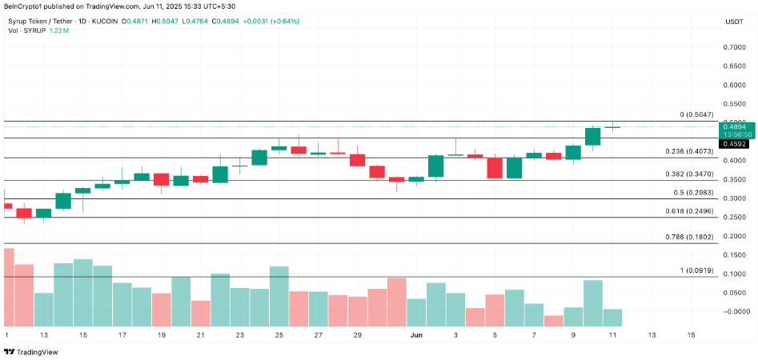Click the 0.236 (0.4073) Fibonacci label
tap(689, 151)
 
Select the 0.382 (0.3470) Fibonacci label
tap(689, 174)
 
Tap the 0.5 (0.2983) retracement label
tap(692, 193)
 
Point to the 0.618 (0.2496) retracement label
tap(689, 211)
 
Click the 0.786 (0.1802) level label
tap(689, 238)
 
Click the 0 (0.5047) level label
tap(696, 115)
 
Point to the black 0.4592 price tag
tap(735, 145)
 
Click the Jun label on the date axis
tap(417, 335)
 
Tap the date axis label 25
tap(279, 335)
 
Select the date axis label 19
tap(162, 335)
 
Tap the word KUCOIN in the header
tap(105, 20)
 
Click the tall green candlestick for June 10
tap(593, 137)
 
